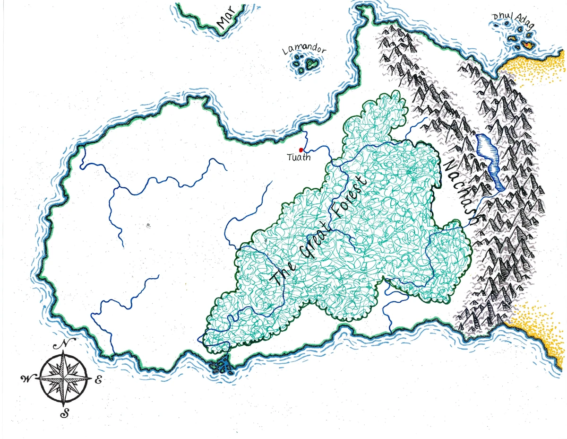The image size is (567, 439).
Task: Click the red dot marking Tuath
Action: tap(301, 150)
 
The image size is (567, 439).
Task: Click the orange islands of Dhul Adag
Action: tap(525, 45)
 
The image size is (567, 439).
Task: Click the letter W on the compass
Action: tap(26, 378)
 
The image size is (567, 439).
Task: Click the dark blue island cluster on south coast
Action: tap(221, 366)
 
